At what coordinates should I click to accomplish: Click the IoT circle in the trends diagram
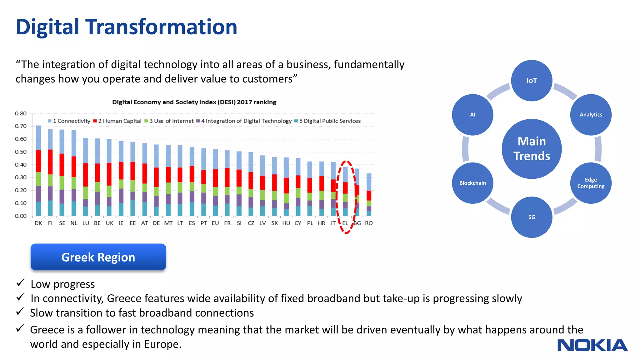(x=532, y=81)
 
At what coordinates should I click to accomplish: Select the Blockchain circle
(x=472, y=183)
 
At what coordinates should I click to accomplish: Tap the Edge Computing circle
(x=591, y=183)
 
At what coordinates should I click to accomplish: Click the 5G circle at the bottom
(x=532, y=217)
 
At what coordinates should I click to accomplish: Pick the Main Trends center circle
(x=532, y=149)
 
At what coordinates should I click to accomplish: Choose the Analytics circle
(x=591, y=115)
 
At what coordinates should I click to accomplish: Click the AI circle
(x=472, y=115)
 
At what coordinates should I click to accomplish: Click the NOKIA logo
(x=592, y=345)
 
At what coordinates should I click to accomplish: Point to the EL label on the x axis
(x=345, y=223)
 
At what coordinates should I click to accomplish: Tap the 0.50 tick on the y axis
(x=21, y=152)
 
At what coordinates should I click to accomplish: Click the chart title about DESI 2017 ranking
(x=194, y=102)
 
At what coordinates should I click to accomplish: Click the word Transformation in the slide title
(x=161, y=27)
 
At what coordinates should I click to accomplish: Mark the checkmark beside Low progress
(x=20, y=283)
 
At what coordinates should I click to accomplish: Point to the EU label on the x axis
(x=215, y=223)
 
